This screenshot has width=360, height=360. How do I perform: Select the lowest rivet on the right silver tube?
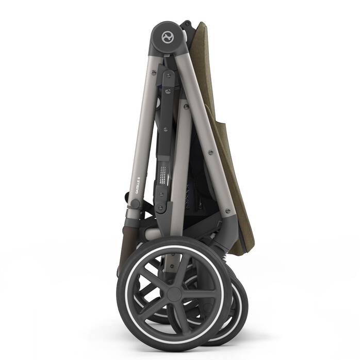click(x=227, y=210)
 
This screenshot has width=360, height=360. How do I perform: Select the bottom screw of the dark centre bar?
click(x=160, y=208)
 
